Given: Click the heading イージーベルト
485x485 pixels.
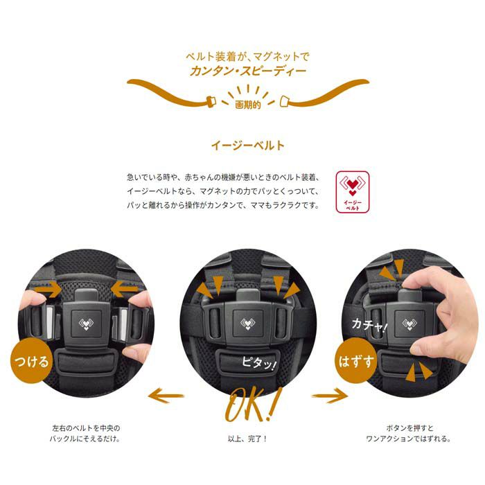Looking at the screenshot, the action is (x=248, y=145).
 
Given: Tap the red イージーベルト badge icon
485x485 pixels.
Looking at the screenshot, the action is (x=352, y=192).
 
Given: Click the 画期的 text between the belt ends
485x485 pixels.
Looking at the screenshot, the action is (x=248, y=105).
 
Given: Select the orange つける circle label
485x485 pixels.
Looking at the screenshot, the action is (x=32, y=361).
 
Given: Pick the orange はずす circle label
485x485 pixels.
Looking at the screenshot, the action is (x=356, y=361).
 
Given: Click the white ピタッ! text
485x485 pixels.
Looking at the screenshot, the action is (x=258, y=362).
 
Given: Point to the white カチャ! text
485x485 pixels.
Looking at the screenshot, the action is (x=369, y=325).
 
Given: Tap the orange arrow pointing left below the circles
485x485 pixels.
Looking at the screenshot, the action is (x=166, y=396).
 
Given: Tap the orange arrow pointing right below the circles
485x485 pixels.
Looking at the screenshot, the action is (x=330, y=396).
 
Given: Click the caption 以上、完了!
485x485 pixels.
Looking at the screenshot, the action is (x=247, y=439).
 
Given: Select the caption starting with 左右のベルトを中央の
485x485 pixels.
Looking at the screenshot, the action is (x=86, y=433).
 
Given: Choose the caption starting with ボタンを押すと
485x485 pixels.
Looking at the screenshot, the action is (x=409, y=433).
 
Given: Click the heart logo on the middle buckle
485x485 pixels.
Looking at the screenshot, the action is (x=247, y=324).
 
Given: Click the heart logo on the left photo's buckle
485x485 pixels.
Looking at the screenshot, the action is (x=86, y=324).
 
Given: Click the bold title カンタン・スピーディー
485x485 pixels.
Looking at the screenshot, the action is (x=248, y=71).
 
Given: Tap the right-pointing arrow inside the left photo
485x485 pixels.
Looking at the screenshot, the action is (x=48, y=290).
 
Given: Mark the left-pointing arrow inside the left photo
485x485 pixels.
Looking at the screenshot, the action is (x=124, y=290).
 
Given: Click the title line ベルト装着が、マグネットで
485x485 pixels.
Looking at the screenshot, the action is (x=247, y=57).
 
